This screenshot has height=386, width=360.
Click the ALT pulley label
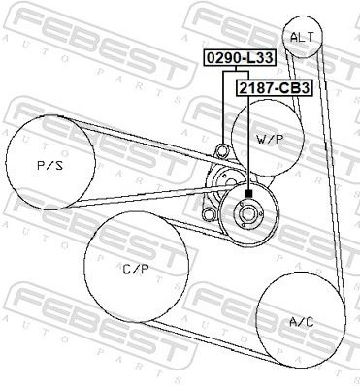tap(302, 37)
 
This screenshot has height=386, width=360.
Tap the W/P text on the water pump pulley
tap(270, 140)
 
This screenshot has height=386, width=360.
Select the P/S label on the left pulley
tap(50, 166)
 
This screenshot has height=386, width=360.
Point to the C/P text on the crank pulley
tap(136, 270)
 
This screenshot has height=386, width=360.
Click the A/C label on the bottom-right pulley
tap(301, 322)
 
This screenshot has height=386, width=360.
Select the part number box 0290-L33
tap(240, 58)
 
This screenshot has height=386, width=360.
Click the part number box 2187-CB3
tap(275, 88)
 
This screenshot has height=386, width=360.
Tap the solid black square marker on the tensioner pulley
tap(248, 194)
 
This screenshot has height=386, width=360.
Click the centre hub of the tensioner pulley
tap(248, 213)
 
